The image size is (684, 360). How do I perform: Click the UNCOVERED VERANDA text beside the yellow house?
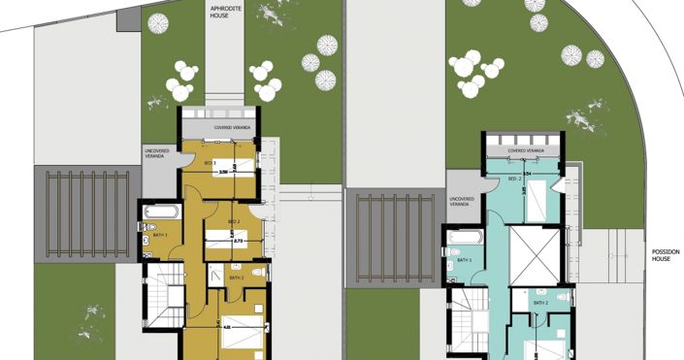(157, 153)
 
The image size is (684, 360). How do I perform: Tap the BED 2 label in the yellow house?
(233, 222)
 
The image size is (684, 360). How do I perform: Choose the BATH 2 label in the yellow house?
(237, 278)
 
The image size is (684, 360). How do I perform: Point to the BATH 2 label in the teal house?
(540, 304)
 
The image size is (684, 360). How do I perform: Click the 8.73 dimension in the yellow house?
(237, 241)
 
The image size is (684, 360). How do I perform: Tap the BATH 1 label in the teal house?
(464, 260)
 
